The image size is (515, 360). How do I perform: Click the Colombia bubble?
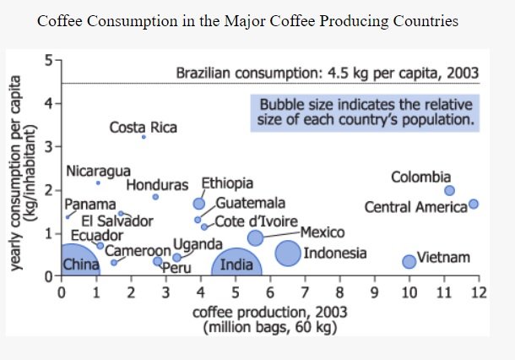(x=449, y=191)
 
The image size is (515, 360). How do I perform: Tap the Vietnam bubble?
(x=409, y=261)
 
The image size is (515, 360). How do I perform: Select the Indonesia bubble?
(x=288, y=252)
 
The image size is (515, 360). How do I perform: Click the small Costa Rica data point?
(x=144, y=137)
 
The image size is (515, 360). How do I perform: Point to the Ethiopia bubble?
(x=199, y=204)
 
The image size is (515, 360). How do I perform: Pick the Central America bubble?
(x=474, y=204)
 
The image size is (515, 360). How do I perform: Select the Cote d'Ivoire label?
(x=252, y=221)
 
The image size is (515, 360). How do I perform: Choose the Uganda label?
(x=198, y=245)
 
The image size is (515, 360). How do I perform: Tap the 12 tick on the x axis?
(x=479, y=293)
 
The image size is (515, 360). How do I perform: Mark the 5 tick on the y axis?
(x=50, y=60)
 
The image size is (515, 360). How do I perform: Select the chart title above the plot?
(x=248, y=20)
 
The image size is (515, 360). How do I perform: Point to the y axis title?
(x=24, y=173)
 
